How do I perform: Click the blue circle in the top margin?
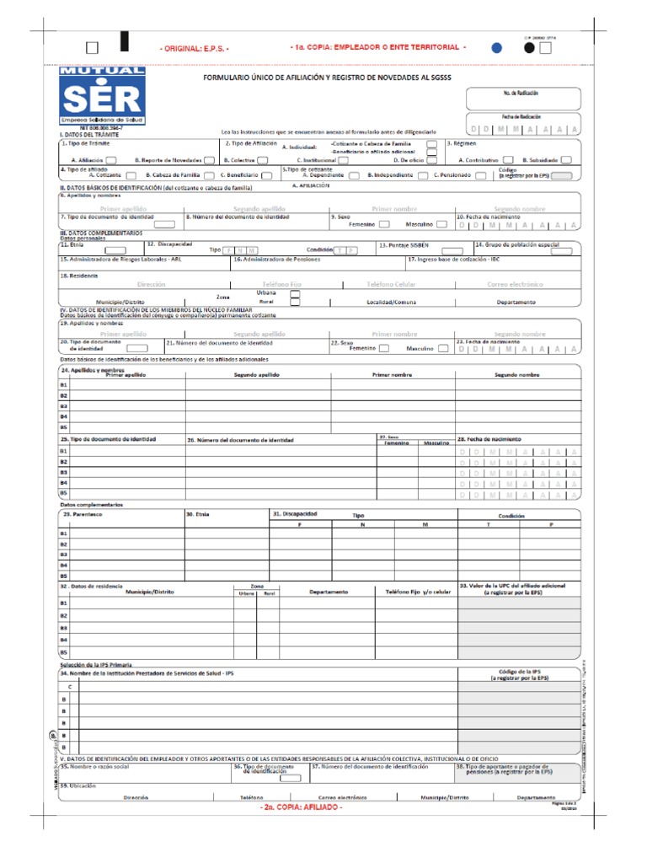(x=498, y=47)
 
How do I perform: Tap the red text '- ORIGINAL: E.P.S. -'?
(x=195, y=48)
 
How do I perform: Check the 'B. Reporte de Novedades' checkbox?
(x=211, y=158)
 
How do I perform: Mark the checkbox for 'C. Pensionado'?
(x=480, y=175)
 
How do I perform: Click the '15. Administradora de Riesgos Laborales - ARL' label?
(x=120, y=260)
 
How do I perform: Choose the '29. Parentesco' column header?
(x=80, y=514)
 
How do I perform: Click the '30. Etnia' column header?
(x=196, y=514)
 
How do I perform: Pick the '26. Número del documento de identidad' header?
(x=240, y=440)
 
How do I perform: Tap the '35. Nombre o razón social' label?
(x=95, y=767)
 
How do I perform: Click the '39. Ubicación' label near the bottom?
(x=78, y=785)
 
